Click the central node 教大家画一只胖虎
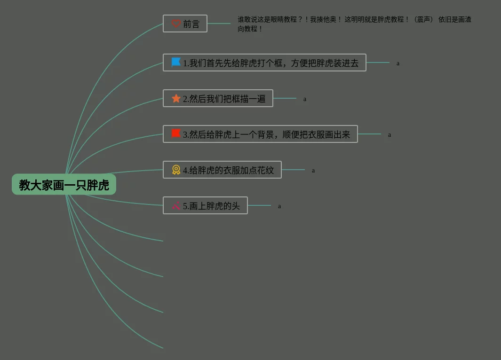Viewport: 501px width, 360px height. (x=64, y=185)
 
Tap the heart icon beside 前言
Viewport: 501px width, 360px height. (x=176, y=23)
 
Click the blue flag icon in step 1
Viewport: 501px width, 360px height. (x=176, y=62)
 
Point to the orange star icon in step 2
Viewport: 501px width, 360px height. (x=176, y=98)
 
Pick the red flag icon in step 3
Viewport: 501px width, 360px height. (x=176, y=134)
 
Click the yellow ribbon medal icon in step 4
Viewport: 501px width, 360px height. (x=176, y=170)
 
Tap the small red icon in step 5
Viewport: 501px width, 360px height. (x=176, y=205)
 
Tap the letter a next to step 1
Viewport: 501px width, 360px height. (x=398, y=63)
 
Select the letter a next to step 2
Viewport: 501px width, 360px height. (x=305, y=99)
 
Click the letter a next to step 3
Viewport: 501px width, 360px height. (x=390, y=135)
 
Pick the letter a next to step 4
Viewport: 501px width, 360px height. (x=313, y=171)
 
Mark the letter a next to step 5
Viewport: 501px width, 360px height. (x=279, y=206)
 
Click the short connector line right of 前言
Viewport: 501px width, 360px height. (x=219, y=23)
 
